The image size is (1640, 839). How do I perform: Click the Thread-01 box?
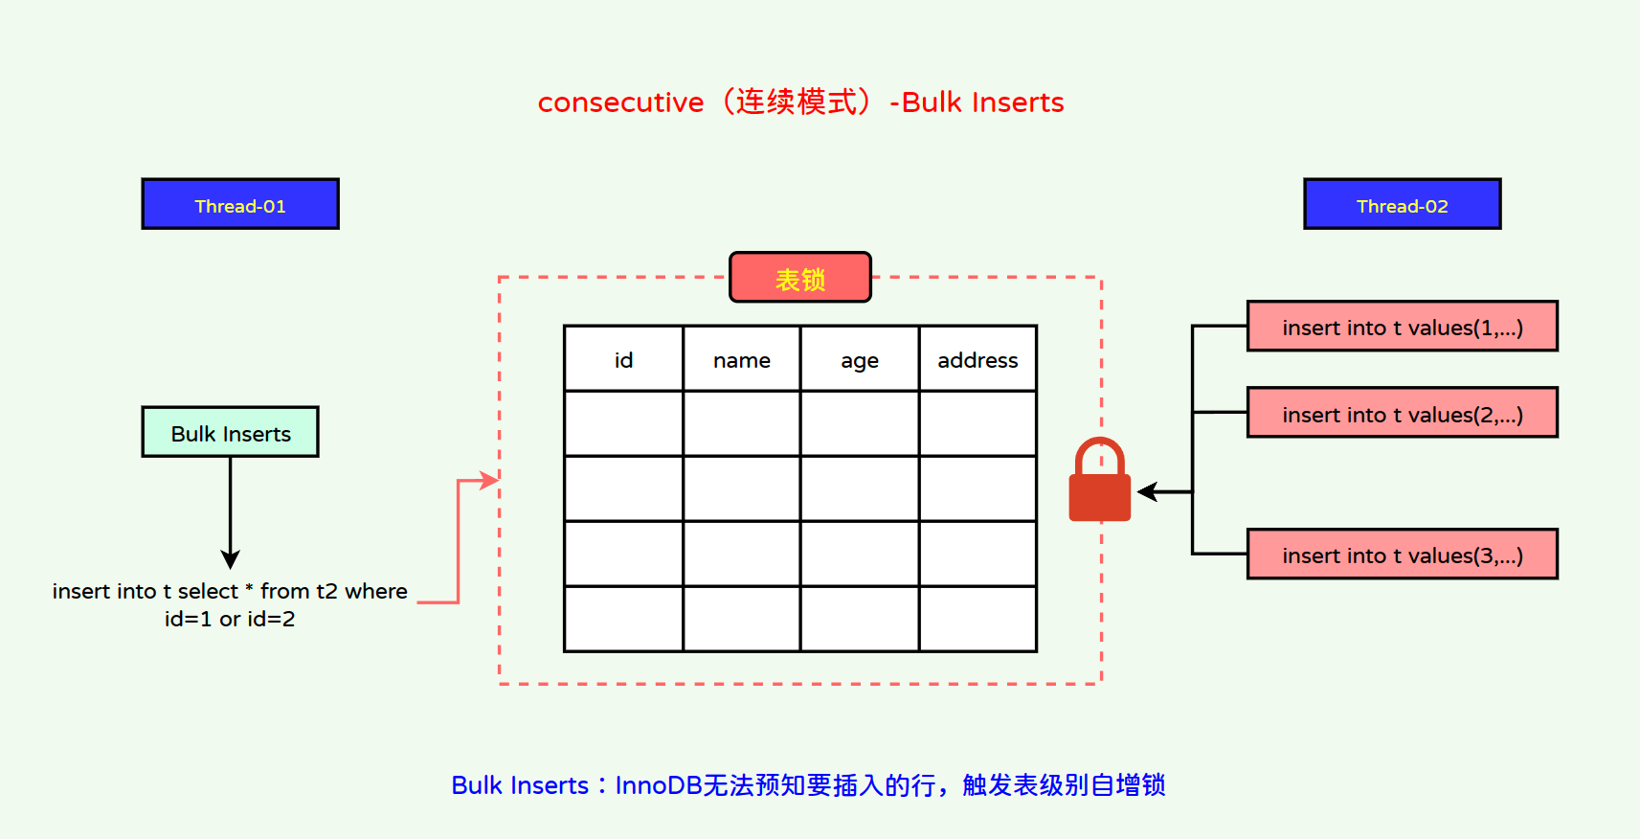[240, 204]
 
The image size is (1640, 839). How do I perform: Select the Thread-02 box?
[1402, 204]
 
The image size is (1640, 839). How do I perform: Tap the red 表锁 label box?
[800, 278]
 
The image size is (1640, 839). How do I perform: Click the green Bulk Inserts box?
[231, 432]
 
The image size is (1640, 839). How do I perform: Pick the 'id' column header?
[623, 359]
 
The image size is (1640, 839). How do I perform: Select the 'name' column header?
[742, 359]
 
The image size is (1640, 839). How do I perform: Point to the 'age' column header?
[860, 359]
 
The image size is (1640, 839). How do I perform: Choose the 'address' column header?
[977, 359]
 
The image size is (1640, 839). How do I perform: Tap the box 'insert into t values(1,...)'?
[1402, 327]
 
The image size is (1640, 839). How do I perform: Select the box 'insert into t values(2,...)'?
[1402, 413]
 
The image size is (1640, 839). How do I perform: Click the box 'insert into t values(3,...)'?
[1402, 555]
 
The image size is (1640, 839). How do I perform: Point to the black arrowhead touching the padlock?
[1147, 491]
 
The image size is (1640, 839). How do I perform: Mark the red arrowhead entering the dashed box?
[490, 480]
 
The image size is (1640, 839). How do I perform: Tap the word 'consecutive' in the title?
[620, 102]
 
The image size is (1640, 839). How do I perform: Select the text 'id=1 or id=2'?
[230, 619]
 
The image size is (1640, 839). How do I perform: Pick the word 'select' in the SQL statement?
[208, 591]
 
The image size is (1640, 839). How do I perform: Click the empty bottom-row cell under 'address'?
[977, 619]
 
